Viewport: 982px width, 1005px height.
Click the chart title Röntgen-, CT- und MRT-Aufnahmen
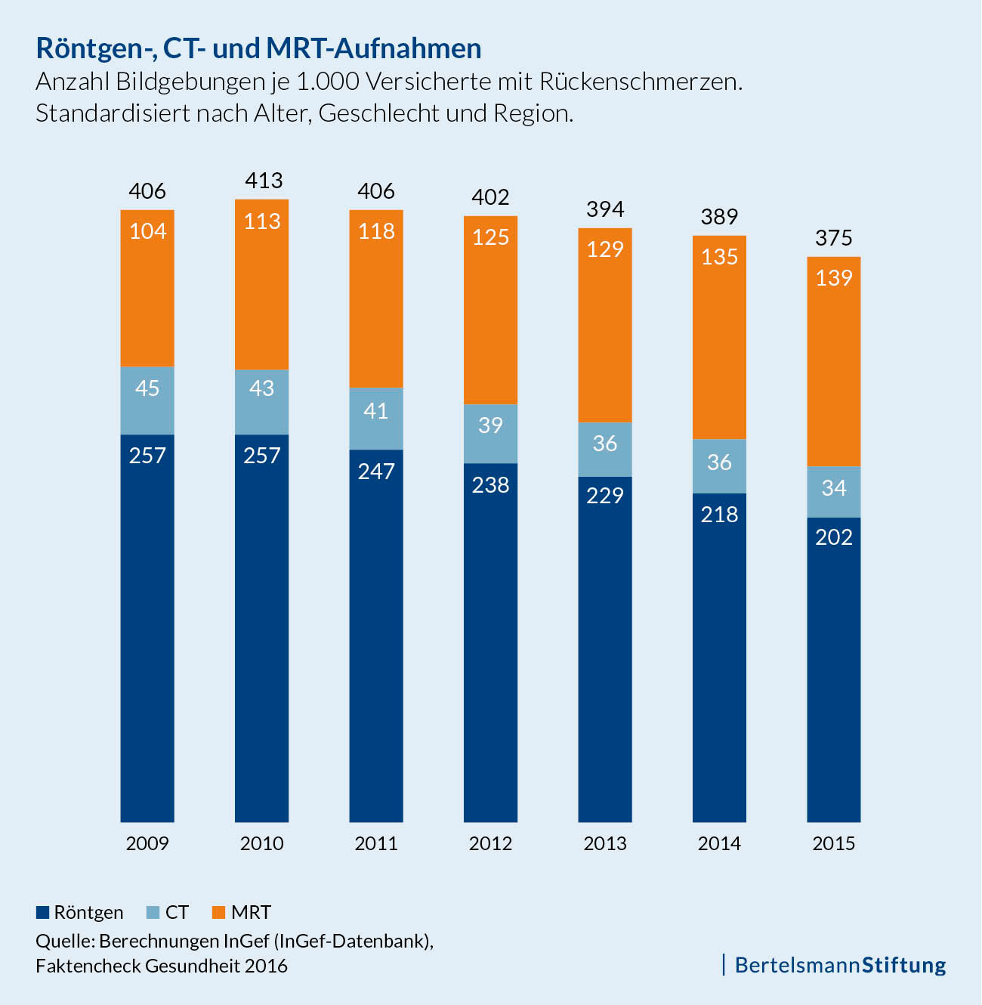point(258,48)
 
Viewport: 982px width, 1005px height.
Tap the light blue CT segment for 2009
point(147,400)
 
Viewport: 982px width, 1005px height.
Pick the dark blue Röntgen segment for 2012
point(490,642)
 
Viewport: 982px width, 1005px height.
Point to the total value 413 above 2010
point(264,181)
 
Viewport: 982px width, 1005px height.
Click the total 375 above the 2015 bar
point(834,238)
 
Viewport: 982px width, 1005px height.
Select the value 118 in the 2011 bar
point(376,231)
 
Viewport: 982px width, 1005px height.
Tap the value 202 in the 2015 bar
point(834,537)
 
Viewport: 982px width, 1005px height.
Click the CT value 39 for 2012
point(490,425)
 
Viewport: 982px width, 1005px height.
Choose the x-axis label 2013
point(605,843)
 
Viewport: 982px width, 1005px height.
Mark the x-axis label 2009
point(147,843)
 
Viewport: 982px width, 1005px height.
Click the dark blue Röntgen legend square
point(42,912)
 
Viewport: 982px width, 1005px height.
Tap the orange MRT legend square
point(219,912)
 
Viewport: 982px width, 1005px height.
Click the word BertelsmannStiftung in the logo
point(840,965)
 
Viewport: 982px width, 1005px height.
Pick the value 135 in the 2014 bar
point(719,257)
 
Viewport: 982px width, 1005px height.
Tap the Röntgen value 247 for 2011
point(376,472)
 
